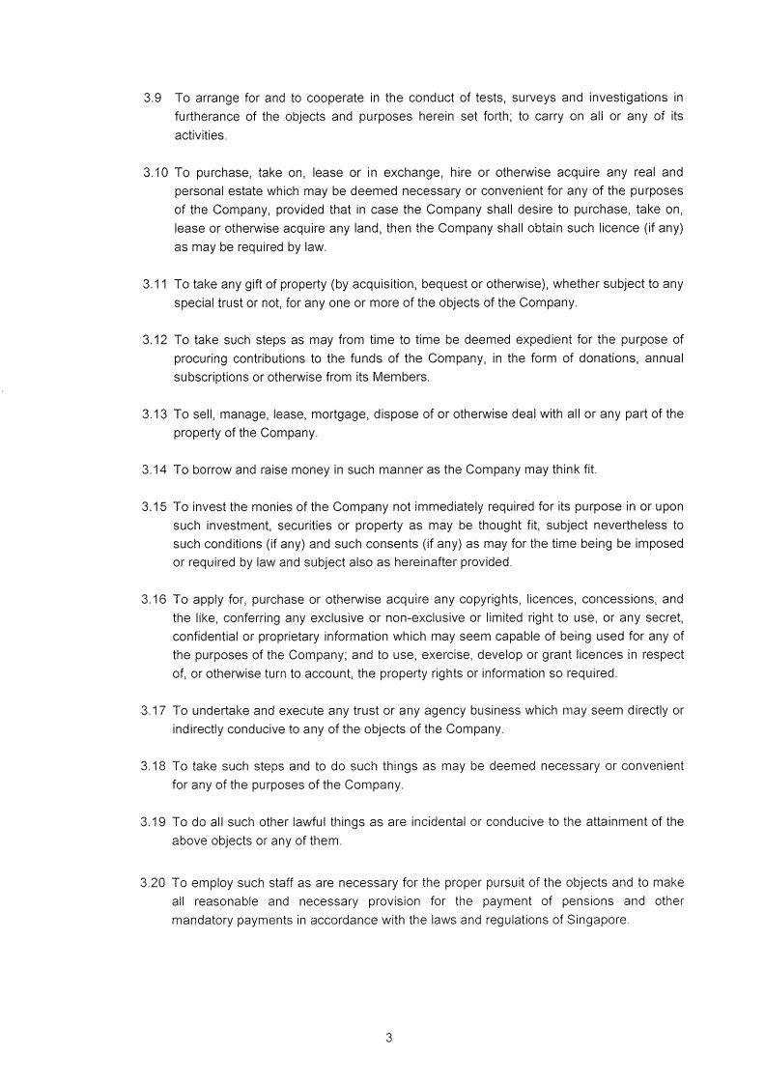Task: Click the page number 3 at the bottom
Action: click(388, 1039)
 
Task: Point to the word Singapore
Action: click(597, 920)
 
